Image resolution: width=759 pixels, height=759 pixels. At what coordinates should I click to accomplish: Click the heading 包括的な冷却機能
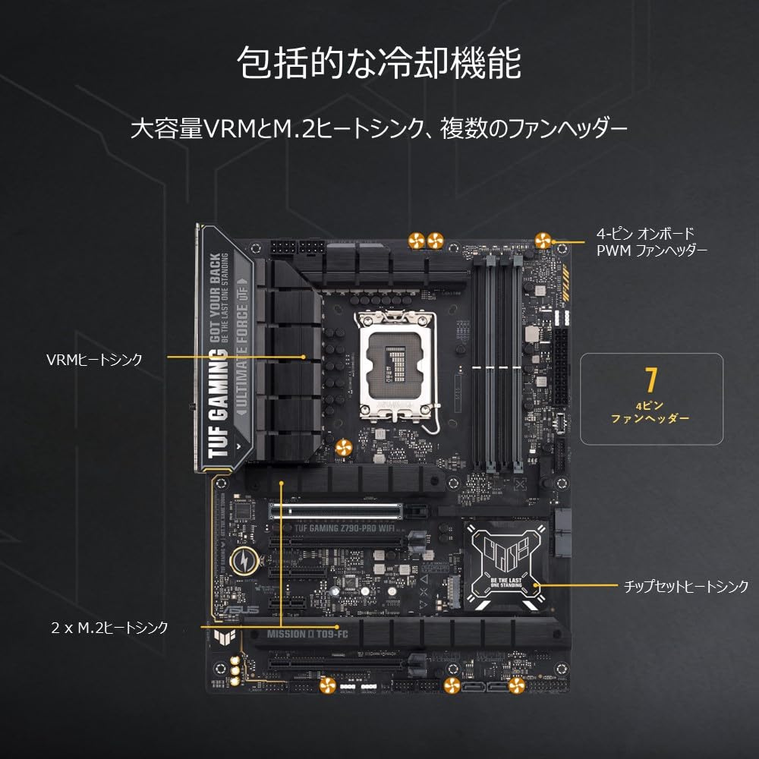click(x=379, y=62)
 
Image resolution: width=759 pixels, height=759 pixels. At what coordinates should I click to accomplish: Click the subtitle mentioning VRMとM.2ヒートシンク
click(x=379, y=128)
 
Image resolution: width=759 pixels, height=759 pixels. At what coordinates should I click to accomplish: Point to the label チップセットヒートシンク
click(x=686, y=586)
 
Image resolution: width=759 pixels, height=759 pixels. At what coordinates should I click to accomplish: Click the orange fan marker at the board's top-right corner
click(x=542, y=241)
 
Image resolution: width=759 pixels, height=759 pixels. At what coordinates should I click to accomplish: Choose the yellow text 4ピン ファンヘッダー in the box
click(x=650, y=412)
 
